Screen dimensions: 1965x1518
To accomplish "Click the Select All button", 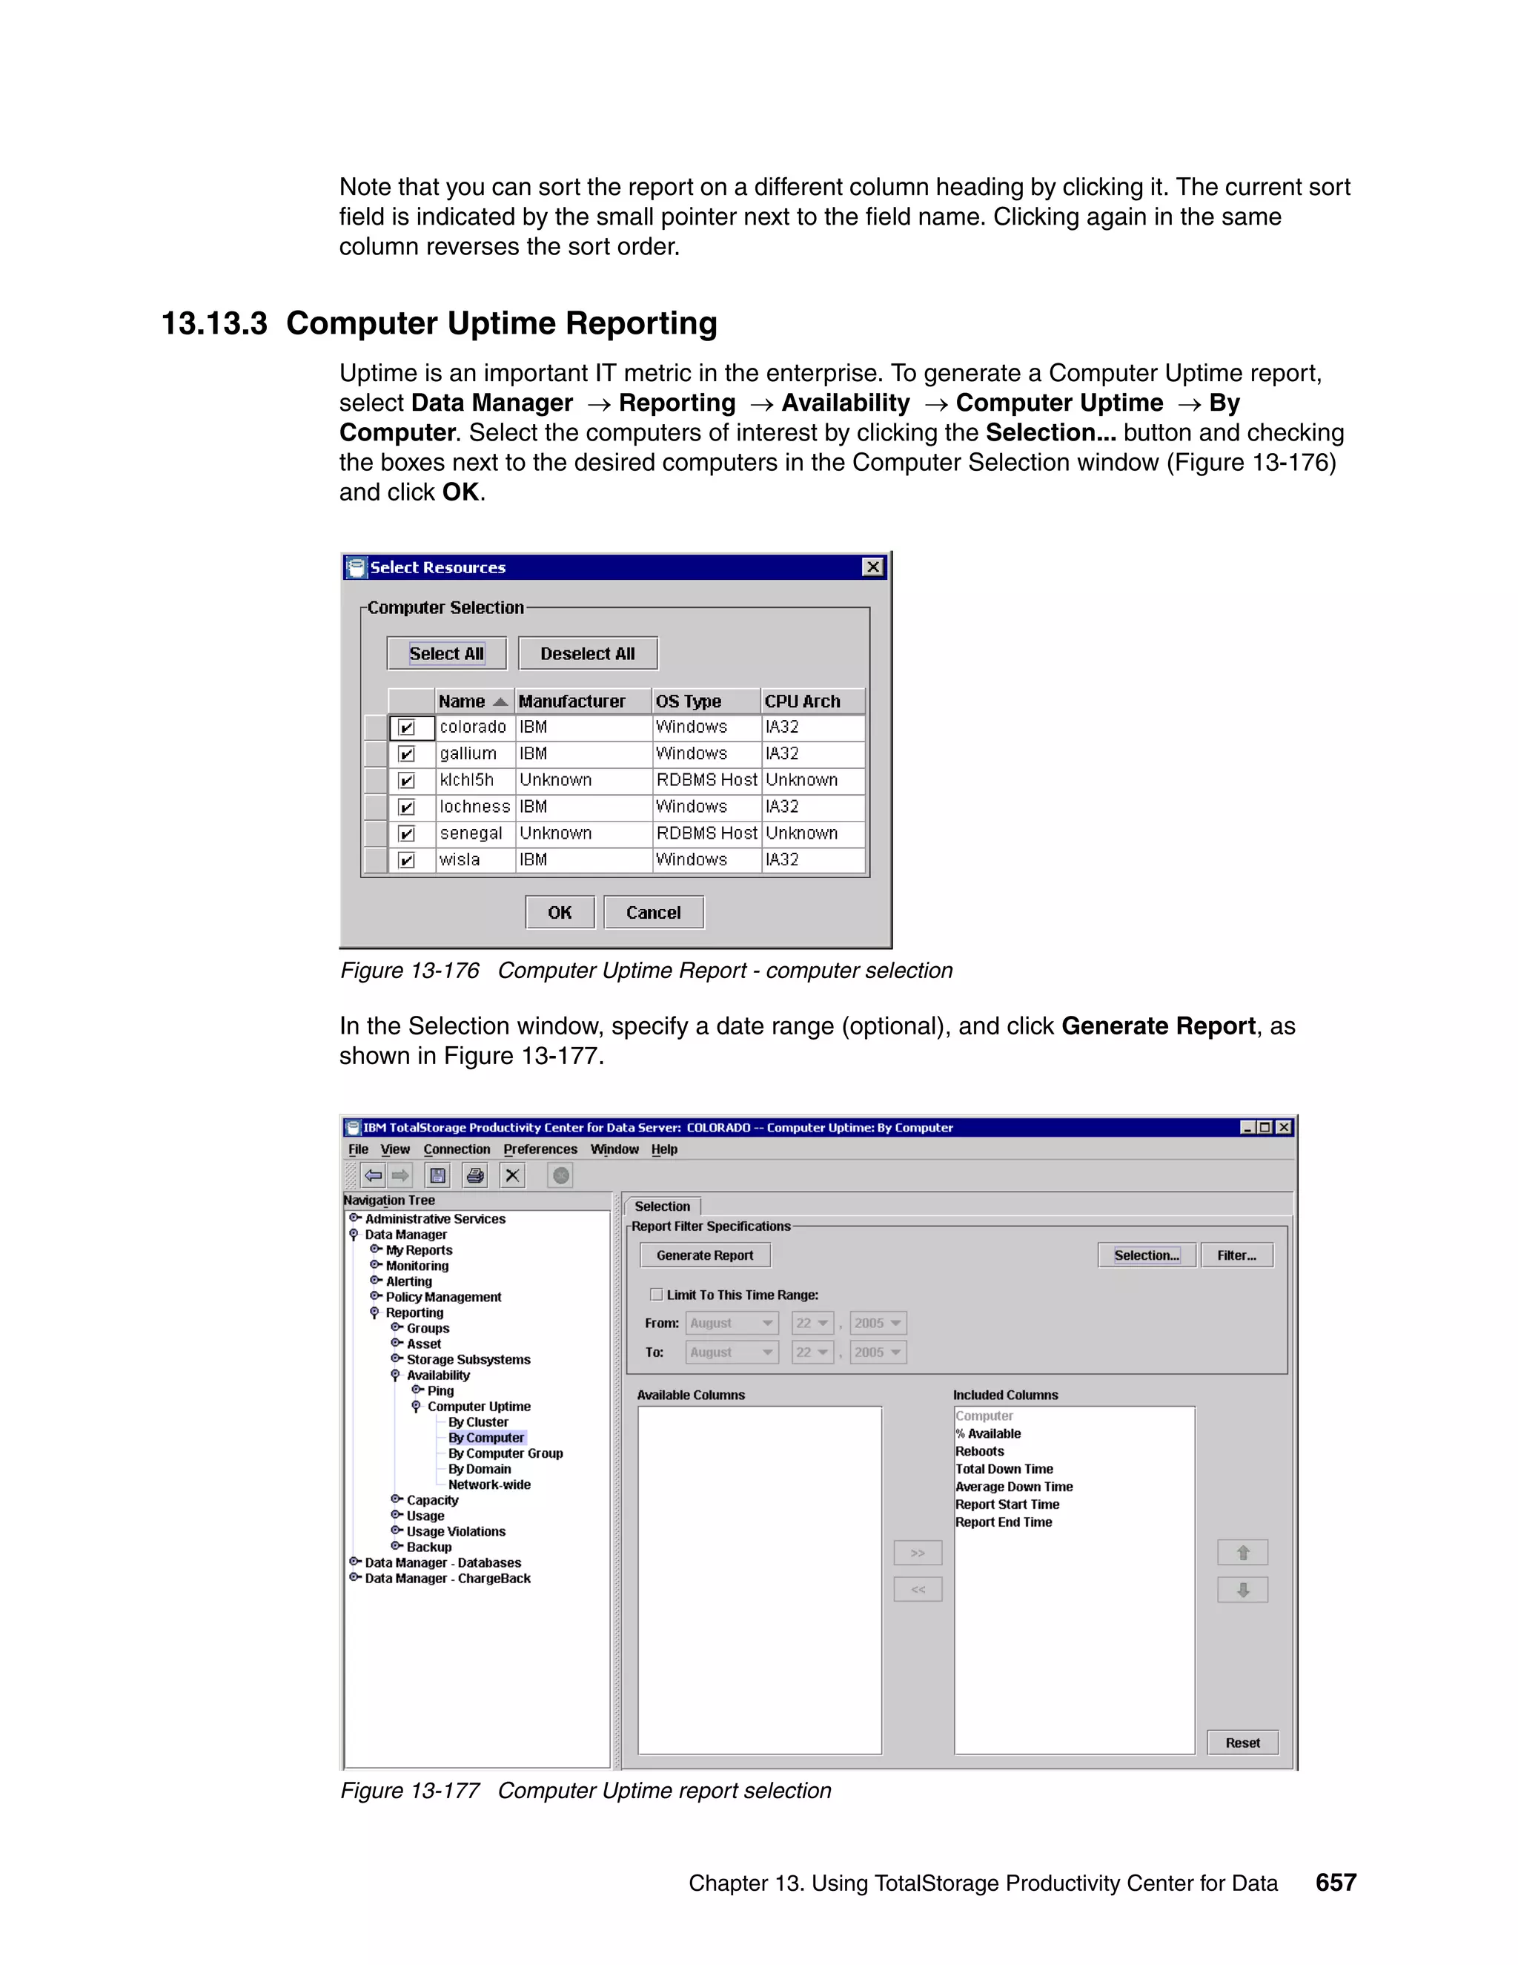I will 446,653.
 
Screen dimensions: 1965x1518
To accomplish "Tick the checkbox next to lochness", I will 406,807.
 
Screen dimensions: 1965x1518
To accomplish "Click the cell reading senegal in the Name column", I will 471,833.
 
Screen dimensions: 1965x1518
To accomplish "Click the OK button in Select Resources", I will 560,912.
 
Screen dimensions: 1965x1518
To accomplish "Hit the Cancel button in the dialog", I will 653,912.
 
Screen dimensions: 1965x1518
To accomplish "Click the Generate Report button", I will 704,1255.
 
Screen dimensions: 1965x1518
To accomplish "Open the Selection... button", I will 1146,1255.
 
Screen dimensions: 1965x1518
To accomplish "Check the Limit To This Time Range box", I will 657,1295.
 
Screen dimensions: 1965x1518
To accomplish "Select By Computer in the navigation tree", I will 485,1438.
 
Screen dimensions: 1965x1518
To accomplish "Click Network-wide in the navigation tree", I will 489,1485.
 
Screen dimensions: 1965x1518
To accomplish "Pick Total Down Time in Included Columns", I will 1004,1469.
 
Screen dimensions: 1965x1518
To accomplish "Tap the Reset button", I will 1242,1743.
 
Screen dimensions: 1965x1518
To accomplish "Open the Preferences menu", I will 540,1149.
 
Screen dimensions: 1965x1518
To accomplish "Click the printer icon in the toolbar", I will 475,1175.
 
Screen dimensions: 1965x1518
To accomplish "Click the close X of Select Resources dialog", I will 872,567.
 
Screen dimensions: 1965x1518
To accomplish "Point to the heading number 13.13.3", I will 214,323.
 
